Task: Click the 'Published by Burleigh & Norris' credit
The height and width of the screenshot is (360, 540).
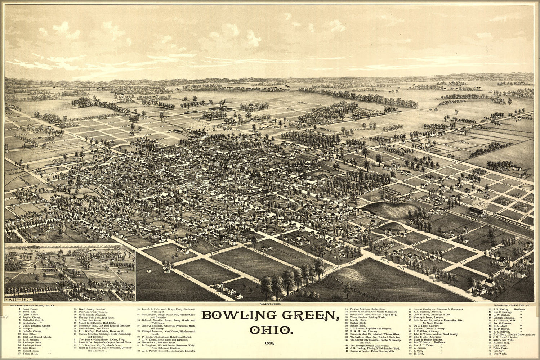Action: tap(32, 305)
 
